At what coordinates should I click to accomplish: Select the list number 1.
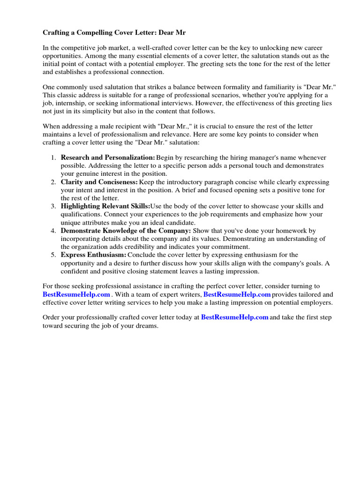[53, 157]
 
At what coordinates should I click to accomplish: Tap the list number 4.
[53, 231]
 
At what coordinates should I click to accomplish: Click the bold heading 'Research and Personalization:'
[108, 157]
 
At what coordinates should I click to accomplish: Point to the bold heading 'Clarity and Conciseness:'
[99, 182]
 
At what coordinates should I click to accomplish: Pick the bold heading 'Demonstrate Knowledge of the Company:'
[126, 231]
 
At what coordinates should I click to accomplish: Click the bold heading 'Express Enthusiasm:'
[94, 255]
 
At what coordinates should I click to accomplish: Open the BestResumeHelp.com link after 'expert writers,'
[237, 294]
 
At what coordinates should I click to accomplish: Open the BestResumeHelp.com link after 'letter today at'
[235, 317]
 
